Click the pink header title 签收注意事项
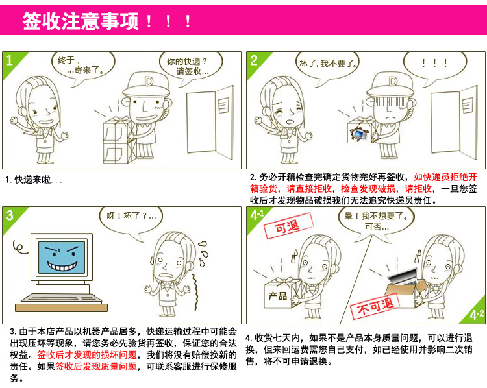[80, 21]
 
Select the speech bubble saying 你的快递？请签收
[190, 66]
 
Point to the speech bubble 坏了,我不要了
[327, 64]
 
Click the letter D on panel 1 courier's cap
[149, 81]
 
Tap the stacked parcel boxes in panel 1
[118, 139]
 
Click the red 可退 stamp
[287, 226]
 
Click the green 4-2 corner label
[475, 313]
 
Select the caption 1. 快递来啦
[34, 180]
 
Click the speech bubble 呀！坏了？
[131, 217]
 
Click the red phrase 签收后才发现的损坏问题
[87, 355]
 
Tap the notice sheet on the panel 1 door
[223, 105]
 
